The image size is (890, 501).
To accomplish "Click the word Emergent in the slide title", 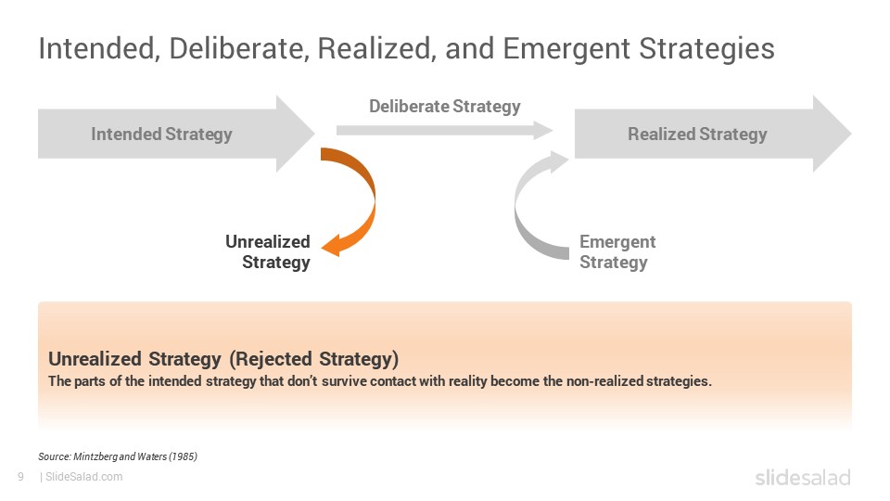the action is (566, 49).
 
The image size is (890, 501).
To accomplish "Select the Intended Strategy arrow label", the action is (161, 134).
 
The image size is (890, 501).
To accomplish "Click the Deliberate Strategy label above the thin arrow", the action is (444, 106).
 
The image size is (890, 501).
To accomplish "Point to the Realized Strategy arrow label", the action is (697, 134).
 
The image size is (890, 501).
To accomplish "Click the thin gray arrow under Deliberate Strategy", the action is (444, 130).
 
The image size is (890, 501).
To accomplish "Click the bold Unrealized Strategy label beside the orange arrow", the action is (268, 251).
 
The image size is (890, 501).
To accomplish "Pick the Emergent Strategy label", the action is (617, 251).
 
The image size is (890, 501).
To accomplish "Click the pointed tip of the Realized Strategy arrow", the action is (851, 134).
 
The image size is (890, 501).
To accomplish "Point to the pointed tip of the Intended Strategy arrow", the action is (314, 134).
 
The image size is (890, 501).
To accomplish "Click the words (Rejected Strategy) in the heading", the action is (314, 359).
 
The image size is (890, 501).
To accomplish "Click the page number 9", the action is (21, 477).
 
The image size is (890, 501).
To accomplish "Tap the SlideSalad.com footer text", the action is (83, 477).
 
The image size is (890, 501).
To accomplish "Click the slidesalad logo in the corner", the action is (803, 478).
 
